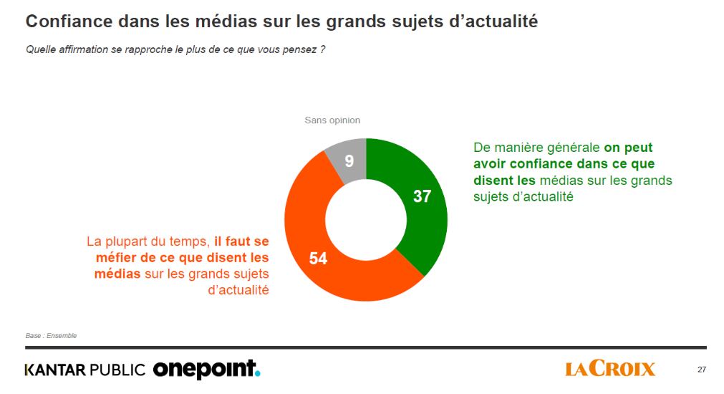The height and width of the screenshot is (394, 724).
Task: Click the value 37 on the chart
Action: coord(422,196)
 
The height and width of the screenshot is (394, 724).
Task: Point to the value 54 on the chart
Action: coord(318,259)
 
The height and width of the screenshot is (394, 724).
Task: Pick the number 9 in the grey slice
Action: coord(349,161)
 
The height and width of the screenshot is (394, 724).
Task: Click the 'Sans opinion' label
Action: coord(332,120)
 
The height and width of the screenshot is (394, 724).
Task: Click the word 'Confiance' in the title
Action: coord(65,21)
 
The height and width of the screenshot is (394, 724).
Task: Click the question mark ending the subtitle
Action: coord(323,49)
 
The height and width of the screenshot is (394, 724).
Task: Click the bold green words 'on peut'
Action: coord(628,147)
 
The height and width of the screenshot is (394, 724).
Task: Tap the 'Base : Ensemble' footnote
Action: coord(51,335)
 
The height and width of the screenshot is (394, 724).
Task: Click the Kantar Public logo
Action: coord(85,370)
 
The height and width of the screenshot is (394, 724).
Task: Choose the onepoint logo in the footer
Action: coord(206,369)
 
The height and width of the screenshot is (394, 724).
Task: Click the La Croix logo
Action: coord(610,369)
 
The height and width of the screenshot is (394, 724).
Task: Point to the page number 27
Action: coord(701,370)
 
